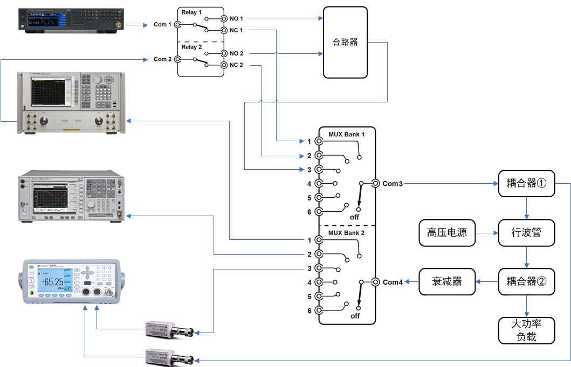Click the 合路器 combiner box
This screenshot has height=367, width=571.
click(345, 42)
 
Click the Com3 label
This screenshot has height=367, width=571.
click(393, 184)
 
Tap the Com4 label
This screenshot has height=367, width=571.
click(393, 282)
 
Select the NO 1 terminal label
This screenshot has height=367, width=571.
click(236, 19)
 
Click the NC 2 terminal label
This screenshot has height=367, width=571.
click(236, 65)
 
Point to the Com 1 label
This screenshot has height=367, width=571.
click(162, 25)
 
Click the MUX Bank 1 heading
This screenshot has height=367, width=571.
click(347, 134)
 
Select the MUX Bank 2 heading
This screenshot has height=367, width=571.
click(347, 233)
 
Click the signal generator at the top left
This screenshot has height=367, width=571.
click(72, 20)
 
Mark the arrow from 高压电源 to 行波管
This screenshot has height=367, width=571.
click(487, 233)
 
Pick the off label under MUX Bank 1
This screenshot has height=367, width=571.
click(355, 217)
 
